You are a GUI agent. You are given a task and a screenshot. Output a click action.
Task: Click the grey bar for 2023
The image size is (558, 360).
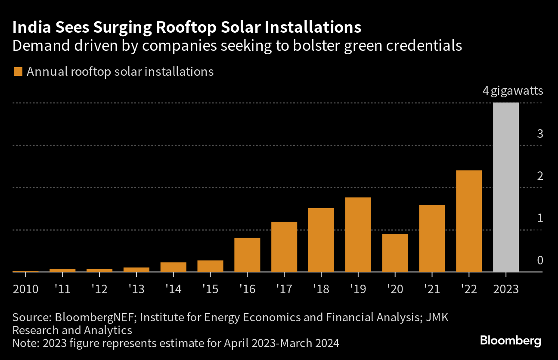505,187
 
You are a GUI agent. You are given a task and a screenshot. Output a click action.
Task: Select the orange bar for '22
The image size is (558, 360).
469,221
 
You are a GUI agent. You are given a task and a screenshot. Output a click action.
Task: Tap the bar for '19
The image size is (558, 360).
358,235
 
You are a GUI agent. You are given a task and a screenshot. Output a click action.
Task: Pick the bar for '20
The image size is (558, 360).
395,253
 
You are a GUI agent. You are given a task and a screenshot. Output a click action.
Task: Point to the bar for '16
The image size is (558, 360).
247,255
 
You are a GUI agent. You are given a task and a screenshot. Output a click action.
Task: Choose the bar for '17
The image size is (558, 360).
284,247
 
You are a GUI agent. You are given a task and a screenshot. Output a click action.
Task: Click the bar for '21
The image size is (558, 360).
432,239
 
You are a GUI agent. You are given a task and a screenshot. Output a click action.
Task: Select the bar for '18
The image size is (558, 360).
321,240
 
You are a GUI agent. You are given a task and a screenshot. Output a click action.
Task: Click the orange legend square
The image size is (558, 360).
18,71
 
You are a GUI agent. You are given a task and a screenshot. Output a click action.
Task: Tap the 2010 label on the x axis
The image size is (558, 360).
25,289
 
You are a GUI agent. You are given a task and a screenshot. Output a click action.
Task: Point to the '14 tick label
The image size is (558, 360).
173,289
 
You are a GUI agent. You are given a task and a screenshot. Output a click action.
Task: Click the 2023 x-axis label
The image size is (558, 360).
505,289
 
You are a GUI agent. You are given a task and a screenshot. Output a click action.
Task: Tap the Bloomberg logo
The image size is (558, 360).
510,341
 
